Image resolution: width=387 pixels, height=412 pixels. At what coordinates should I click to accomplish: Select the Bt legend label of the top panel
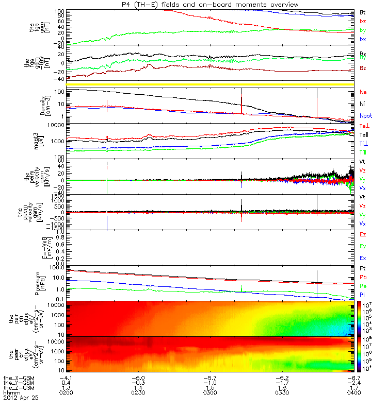(363, 12)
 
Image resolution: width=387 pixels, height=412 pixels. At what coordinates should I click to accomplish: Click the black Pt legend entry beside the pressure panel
(363, 269)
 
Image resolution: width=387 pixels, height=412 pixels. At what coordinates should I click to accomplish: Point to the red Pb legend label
(363, 278)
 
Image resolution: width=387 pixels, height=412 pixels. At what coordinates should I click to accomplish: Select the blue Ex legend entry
(363, 258)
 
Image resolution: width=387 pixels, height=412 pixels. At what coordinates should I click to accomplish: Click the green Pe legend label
(363, 285)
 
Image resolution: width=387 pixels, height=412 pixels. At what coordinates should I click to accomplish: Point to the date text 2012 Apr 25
(21, 398)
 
